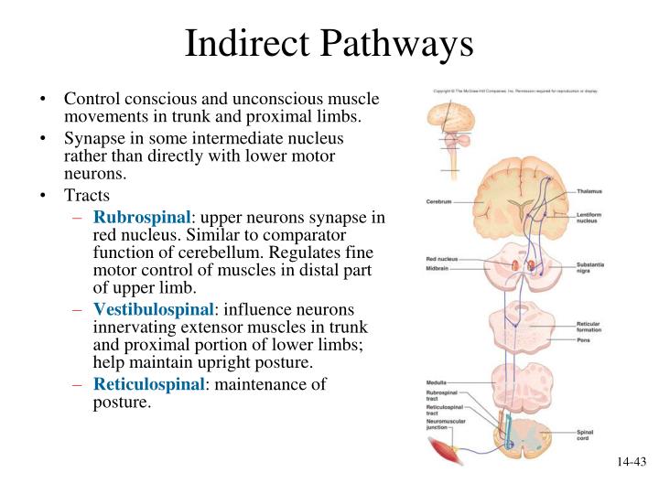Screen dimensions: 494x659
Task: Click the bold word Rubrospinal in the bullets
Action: (x=141, y=217)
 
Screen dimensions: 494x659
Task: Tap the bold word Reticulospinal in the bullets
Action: (x=147, y=385)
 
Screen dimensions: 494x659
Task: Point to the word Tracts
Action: (x=88, y=196)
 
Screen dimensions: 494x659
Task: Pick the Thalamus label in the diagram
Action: (x=590, y=191)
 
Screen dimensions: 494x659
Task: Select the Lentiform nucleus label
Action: (x=590, y=217)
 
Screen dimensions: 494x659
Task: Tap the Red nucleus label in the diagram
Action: (x=441, y=259)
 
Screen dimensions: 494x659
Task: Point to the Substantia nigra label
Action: (x=591, y=268)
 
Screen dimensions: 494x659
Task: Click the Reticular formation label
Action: (x=590, y=327)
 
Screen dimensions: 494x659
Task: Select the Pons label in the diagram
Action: (x=583, y=340)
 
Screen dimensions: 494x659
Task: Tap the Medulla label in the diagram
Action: (x=437, y=382)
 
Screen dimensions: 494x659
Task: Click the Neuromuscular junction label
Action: (x=445, y=425)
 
